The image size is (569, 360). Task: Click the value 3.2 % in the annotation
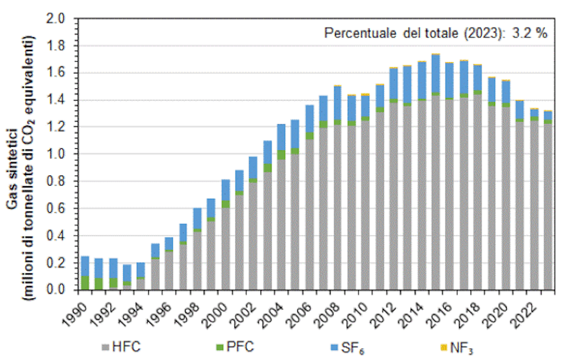528,33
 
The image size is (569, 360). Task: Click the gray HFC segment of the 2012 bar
393,194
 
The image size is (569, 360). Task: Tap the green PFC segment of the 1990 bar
85,283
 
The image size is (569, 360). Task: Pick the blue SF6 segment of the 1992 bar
113,268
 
